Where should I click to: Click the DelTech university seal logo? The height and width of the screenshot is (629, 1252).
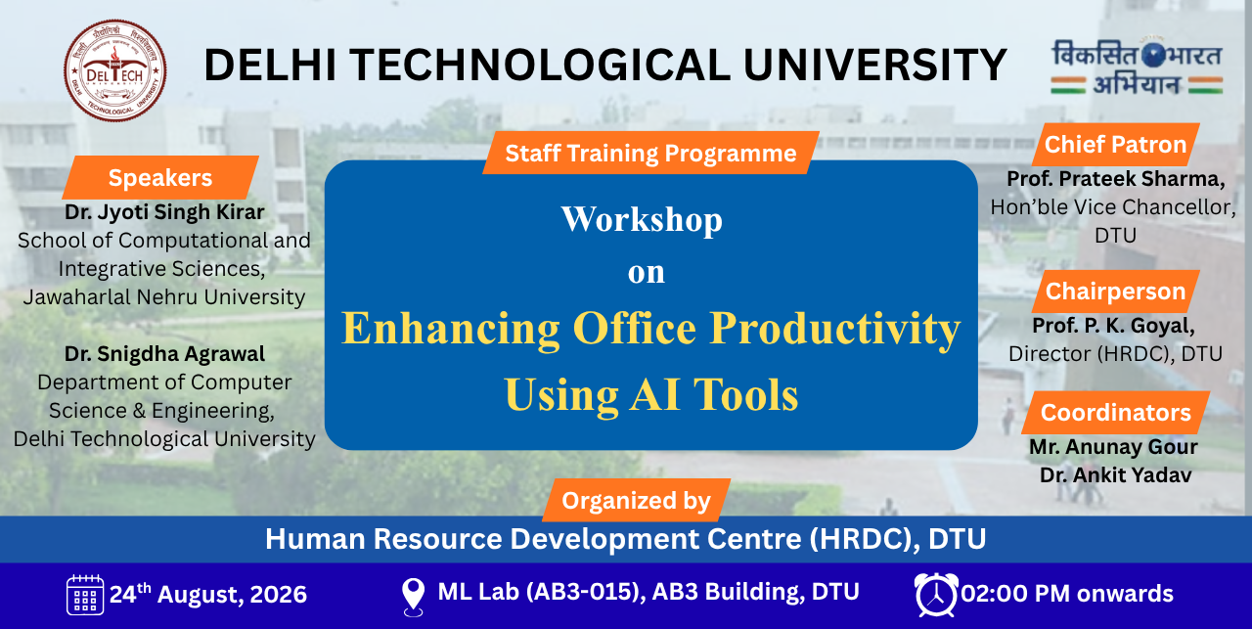pyautogui.click(x=115, y=71)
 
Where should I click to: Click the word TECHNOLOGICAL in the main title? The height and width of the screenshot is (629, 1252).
pyautogui.click(x=541, y=65)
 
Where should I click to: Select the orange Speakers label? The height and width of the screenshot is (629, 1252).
pyautogui.click(x=160, y=178)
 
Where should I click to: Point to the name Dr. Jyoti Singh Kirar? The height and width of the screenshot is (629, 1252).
pyautogui.click(x=164, y=212)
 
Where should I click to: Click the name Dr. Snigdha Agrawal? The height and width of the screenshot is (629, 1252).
pyautogui.click(x=164, y=354)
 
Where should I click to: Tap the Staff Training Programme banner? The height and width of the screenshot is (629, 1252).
pyautogui.click(x=650, y=153)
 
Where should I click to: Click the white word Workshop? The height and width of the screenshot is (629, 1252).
pyautogui.click(x=642, y=219)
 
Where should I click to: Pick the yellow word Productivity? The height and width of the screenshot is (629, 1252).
pyautogui.click(x=835, y=329)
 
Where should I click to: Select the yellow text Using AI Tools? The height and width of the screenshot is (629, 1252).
pyautogui.click(x=651, y=395)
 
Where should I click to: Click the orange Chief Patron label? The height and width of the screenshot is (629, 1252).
pyautogui.click(x=1116, y=144)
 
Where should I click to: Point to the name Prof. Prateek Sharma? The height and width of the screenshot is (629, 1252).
pyautogui.click(x=1116, y=179)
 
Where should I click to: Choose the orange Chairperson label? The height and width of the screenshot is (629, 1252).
pyautogui.click(x=1116, y=292)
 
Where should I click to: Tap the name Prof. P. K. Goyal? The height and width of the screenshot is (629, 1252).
pyautogui.click(x=1113, y=326)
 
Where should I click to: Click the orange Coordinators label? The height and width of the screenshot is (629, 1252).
pyautogui.click(x=1116, y=413)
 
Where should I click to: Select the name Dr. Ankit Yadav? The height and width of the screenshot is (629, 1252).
pyautogui.click(x=1116, y=474)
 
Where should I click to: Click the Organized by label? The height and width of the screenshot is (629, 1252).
pyautogui.click(x=636, y=501)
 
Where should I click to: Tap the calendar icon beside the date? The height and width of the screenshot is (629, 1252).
pyautogui.click(x=85, y=595)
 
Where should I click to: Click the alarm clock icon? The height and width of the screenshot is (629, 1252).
pyautogui.click(x=936, y=595)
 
